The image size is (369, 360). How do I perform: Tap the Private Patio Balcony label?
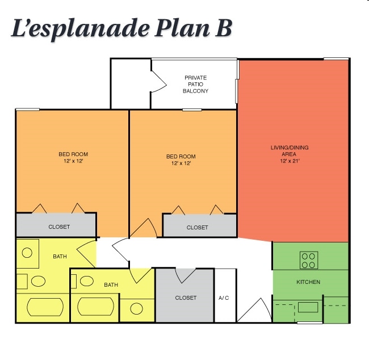[195, 84]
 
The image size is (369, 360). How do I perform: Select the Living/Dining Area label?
[290, 151]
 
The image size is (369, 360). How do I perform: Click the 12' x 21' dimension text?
[290, 161]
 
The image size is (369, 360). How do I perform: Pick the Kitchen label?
[308, 282]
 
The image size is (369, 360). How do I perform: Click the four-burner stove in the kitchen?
[309, 260]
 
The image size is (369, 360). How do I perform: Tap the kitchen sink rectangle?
[309, 307]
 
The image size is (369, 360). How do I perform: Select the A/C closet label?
[224, 298]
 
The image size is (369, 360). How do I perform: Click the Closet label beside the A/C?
[186, 298]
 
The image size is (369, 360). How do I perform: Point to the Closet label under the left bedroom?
[59, 227]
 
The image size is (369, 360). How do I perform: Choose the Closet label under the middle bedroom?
[198, 227]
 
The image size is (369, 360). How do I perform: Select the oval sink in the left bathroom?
[39, 281]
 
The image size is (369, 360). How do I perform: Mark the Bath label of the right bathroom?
[111, 284]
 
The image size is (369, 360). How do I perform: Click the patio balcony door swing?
[157, 82]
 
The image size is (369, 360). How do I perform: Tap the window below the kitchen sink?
[309, 323]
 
